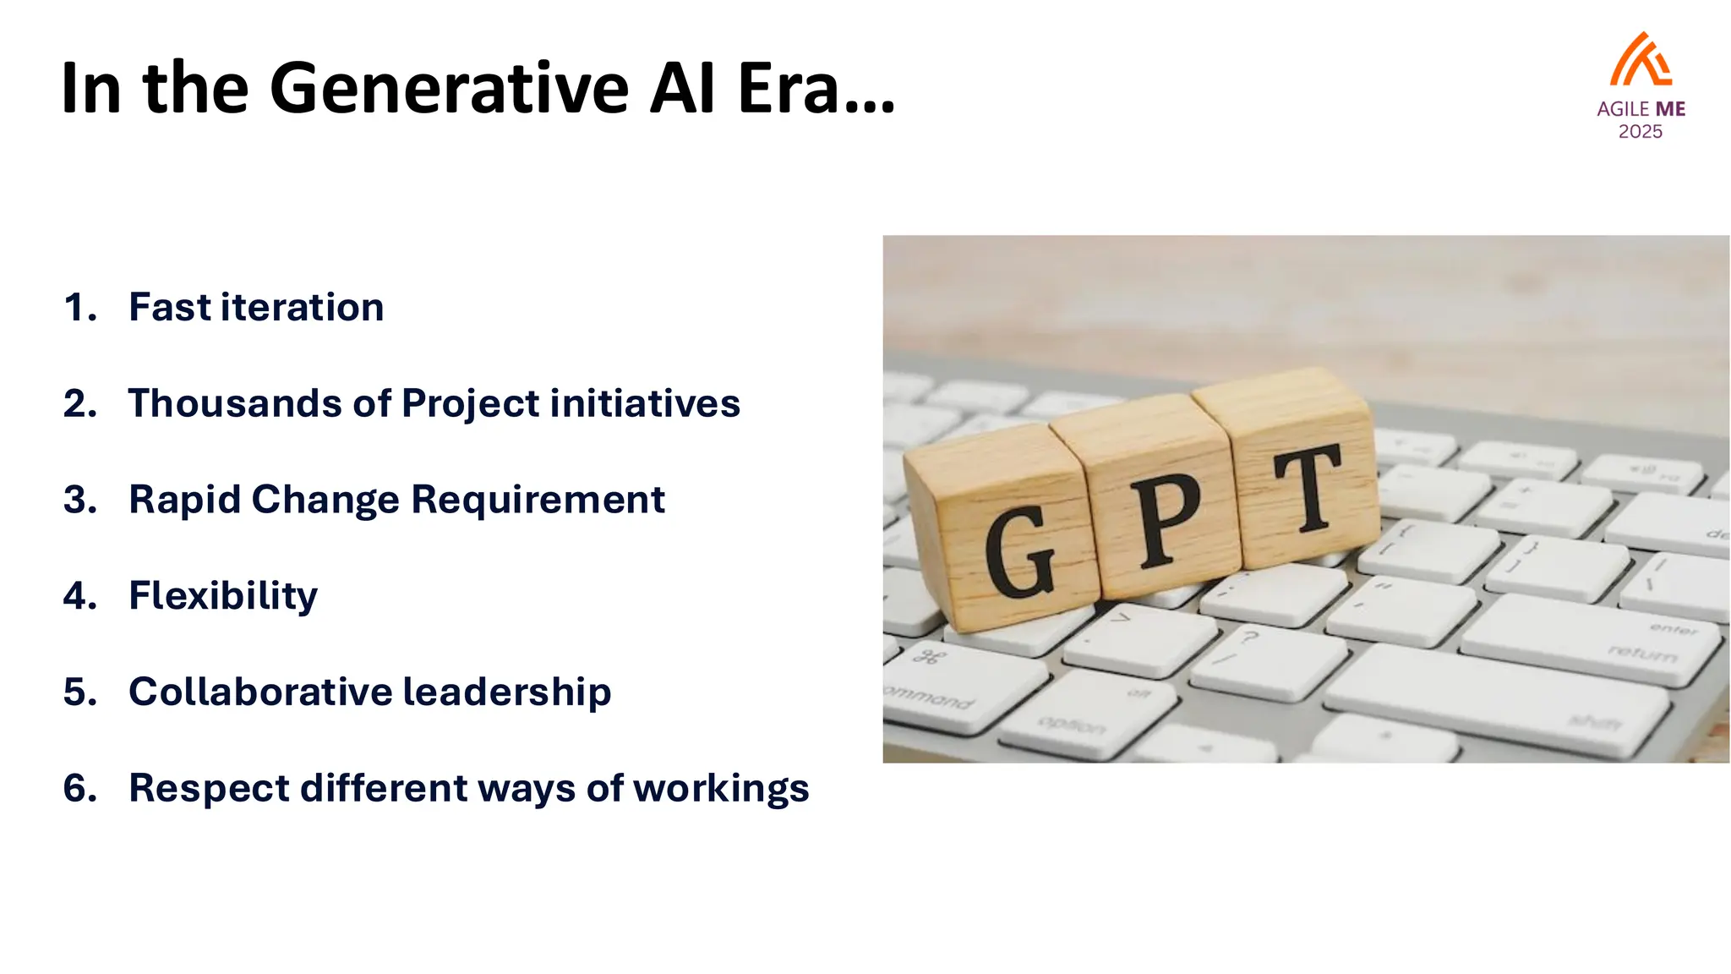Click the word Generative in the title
[449, 89]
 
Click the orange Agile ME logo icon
[1641, 60]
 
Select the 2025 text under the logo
[1641, 132]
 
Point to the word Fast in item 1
[169, 307]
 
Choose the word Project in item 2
[470, 404]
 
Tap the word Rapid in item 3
[183, 500]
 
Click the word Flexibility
[223, 596]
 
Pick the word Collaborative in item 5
[260, 692]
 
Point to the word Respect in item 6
[208, 788]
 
